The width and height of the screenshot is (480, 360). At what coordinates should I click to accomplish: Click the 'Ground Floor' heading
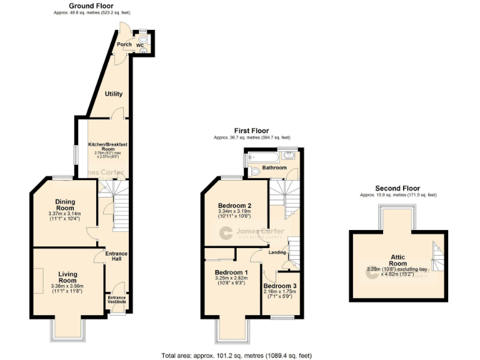click(x=91, y=6)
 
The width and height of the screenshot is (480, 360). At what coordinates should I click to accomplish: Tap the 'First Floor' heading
click(x=251, y=131)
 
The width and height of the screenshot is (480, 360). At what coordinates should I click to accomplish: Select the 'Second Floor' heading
click(x=397, y=188)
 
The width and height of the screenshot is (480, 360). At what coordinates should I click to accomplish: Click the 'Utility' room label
click(x=113, y=94)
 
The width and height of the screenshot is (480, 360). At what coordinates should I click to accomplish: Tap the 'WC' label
click(x=140, y=46)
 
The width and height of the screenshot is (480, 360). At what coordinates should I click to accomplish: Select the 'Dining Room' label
click(x=66, y=206)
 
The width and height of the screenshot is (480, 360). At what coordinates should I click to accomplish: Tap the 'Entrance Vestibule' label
click(x=117, y=299)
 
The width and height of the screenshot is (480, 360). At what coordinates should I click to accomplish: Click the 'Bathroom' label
click(x=274, y=168)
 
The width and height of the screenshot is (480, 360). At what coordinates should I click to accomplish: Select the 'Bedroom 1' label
click(x=231, y=272)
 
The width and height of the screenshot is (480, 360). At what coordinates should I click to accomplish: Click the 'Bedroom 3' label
click(x=281, y=286)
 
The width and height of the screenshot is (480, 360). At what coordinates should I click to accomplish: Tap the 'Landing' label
click(x=277, y=252)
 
